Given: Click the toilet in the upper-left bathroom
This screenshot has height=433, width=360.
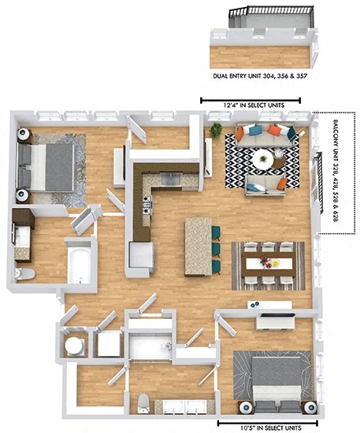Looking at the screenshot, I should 25,274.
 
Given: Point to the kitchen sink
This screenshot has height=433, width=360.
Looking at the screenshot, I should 171,178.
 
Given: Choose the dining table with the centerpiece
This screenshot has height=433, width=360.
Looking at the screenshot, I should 267,264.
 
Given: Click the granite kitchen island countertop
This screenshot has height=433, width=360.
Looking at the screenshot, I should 197,246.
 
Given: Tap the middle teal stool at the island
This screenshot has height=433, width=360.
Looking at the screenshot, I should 216,248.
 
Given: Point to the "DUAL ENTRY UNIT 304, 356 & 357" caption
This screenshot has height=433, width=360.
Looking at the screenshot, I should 259,77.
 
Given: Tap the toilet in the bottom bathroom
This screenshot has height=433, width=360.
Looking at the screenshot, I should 143,403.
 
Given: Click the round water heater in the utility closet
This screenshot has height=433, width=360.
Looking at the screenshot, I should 76,345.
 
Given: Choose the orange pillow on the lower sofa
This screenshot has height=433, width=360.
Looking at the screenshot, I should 280,184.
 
